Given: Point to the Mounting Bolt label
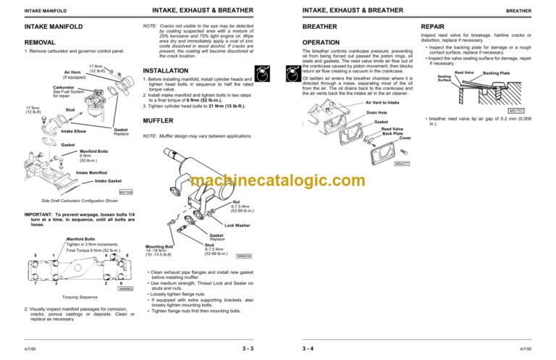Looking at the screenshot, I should pyautogui.click(x=160, y=246).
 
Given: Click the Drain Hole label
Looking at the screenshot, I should pyautogui.click(x=376, y=113).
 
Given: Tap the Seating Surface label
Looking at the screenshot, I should pyautogui.click(x=445, y=78).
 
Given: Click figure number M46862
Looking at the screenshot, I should pyautogui.click(x=126, y=289).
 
